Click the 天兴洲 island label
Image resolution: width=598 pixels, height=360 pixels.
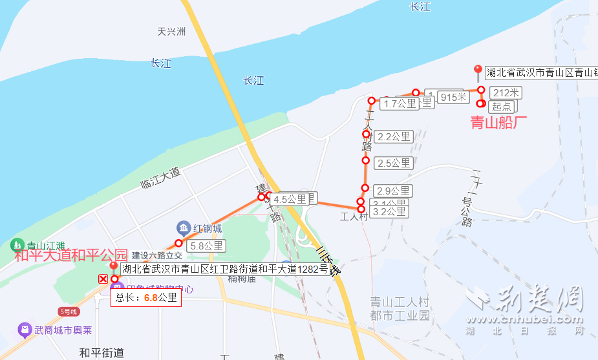tap(171, 31)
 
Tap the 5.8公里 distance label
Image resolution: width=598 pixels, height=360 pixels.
tap(206, 246)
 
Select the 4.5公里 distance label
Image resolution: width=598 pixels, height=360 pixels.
tap(290, 200)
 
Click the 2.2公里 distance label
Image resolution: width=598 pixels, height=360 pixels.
tap(394, 136)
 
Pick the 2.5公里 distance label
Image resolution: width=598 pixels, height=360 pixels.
tap(394, 163)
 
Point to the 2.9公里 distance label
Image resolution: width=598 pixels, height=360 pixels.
tap(393, 191)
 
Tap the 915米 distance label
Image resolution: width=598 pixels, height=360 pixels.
tap(453, 98)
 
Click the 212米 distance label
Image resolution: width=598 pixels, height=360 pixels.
tap(506, 92)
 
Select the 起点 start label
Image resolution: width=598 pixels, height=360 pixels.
tap(501, 107)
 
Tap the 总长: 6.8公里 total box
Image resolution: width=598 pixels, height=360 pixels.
tap(145, 298)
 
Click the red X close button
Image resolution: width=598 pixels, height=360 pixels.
tap(103, 279)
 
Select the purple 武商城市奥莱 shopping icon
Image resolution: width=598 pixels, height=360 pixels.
tap(25, 330)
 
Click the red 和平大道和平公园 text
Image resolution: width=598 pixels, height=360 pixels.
tap(71, 255)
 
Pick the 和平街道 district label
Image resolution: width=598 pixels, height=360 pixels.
tap(101, 353)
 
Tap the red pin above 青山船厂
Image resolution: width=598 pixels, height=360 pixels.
tap(478, 71)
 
